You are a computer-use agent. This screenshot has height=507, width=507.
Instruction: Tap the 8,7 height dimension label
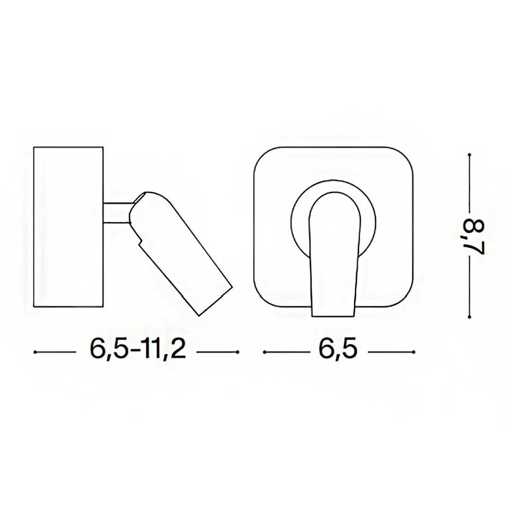tap(476, 237)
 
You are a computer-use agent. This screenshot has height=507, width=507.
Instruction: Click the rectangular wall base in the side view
tap(69, 227)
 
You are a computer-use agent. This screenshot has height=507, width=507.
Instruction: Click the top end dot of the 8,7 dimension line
tap(470, 155)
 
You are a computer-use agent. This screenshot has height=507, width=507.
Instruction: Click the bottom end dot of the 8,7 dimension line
tap(470, 318)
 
